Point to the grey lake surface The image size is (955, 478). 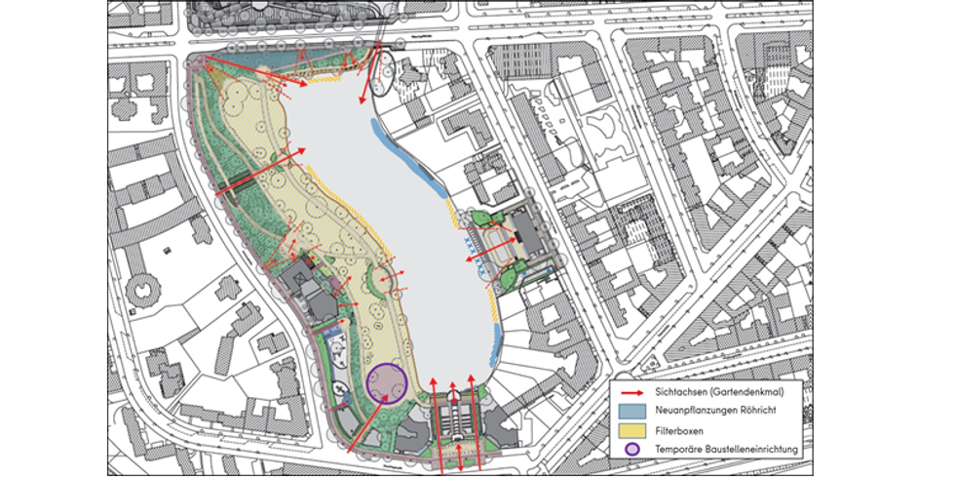point(390,215)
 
